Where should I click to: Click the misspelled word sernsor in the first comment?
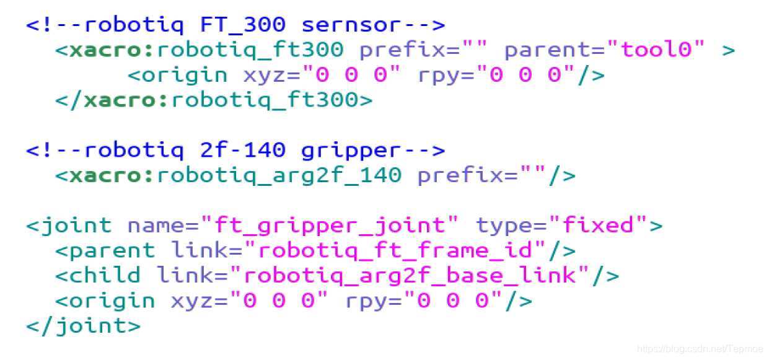click(x=351, y=25)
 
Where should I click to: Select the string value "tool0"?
click(x=656, y=50)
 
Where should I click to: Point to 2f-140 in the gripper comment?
click(x=242, y=150)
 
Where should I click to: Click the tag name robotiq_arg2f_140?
click(x=279, y=175)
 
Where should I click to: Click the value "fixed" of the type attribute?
click(x=598, y=225)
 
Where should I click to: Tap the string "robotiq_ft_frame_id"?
click(x=395, y=250)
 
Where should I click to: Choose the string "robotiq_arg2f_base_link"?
click(x=416, y=275)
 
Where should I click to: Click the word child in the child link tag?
click(x=105, y=275)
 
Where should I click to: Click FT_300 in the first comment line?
click(x=242, y=25)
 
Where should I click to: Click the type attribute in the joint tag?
click(x=504, y=225)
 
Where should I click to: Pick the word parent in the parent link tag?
click(x=112, y=250)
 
